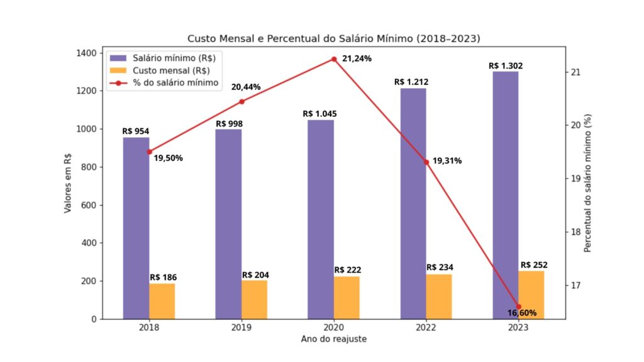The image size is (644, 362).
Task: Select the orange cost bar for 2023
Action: [x=531, y=295]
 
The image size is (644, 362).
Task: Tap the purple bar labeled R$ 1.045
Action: [x=321, y=219]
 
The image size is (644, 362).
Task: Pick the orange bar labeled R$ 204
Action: [x=254, y=299]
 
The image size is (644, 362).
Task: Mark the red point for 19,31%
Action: [x=426, y=162]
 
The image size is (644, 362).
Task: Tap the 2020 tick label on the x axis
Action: [x=334, y=328]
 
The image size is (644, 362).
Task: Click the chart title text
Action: [x=333, y=38]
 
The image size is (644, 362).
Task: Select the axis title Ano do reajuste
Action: [x=333, y=339]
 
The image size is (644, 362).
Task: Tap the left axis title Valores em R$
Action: [x=68, y=186]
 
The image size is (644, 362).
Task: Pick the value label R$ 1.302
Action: [x=506, y=65]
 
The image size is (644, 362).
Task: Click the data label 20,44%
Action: [x=246, y=87]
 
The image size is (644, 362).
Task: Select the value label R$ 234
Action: [x=440, y=267]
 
